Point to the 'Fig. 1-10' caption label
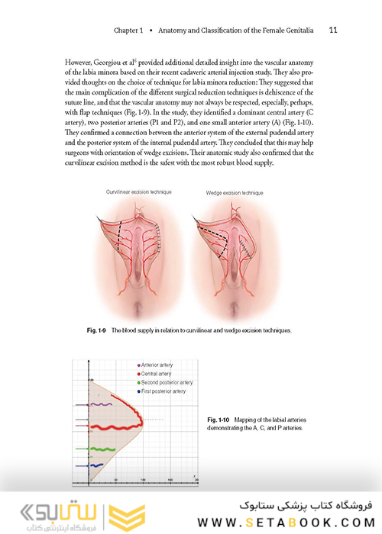click(222, 420)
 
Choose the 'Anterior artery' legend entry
click(158, 366)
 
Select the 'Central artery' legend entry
click(157, 375)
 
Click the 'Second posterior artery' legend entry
click(167, 383)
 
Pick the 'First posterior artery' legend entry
click(163, 391)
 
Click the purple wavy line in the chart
click(99, 404)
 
